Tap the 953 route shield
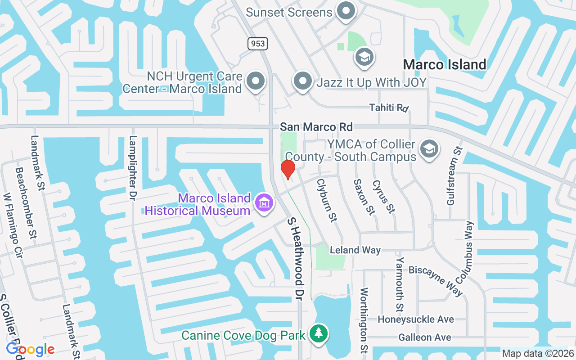click(257, 43)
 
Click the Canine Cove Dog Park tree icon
click(319, 333)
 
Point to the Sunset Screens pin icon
click(346, 11)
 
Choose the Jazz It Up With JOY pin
click(303, 81)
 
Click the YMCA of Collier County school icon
click(429, 148)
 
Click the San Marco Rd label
click(316, 127)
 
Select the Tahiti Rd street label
click(389, 108)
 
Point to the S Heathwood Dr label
click(297, 259)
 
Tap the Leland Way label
click(355, 250)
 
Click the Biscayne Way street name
click(436, 280)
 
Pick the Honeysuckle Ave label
click(415, 319)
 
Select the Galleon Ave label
click(425, 337)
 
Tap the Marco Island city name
click(445, 64)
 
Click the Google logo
click(30, 349)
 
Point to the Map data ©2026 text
click(538, 354)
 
